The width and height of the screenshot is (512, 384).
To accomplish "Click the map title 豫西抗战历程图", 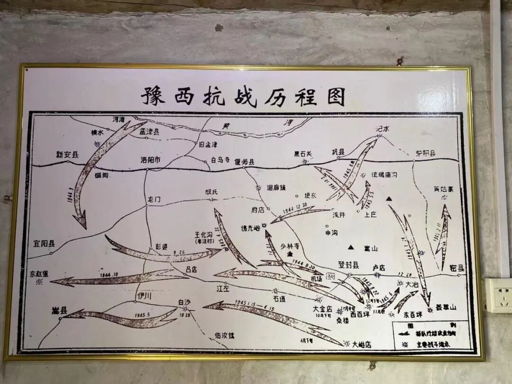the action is coord(243,96).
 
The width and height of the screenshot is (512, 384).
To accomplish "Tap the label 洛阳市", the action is coord(151,160).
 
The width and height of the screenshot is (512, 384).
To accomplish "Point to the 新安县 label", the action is coord(67,155).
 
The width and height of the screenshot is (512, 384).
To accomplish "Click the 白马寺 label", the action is coord(220,161).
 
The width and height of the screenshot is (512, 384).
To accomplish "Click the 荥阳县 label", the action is coord(426,153).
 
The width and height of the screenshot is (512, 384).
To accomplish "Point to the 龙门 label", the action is coord(154,200).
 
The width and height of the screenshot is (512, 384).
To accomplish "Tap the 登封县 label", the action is coord(348,265).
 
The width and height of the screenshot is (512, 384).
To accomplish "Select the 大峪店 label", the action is coord(361,345).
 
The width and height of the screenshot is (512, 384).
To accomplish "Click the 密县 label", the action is coord(457,268).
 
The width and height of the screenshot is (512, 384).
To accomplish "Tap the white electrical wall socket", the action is coord(498,295).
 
